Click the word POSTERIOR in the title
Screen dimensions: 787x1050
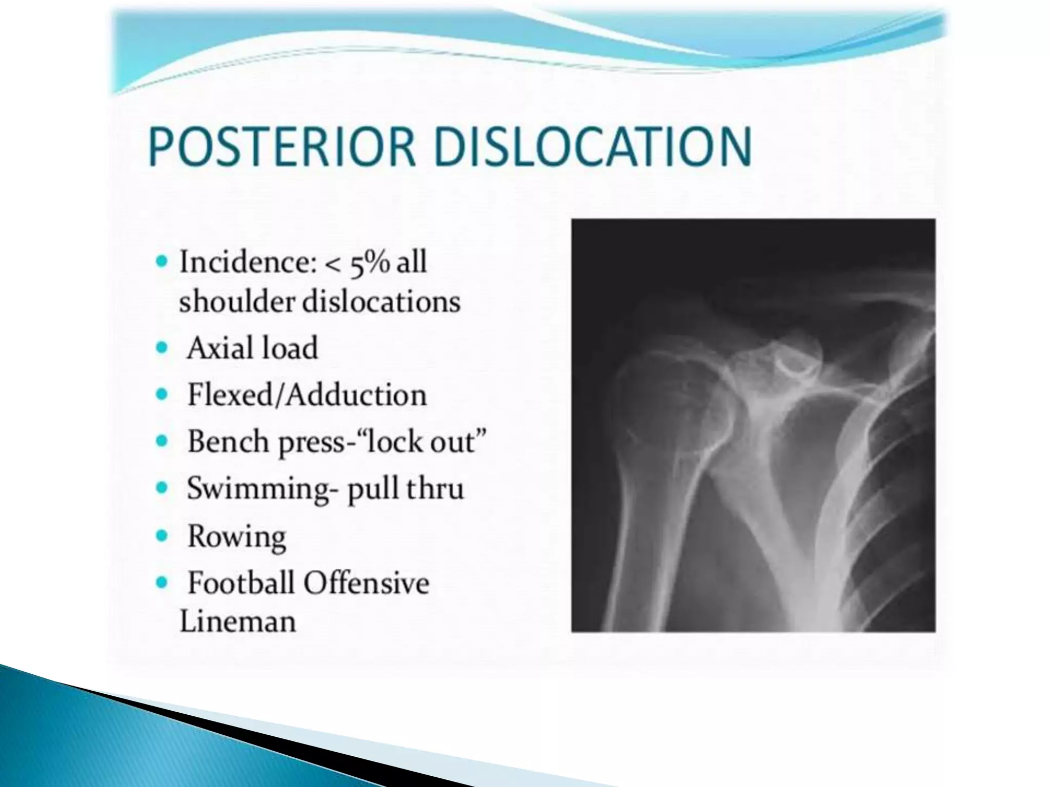pos(281,147)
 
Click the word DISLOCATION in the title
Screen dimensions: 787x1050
pos(593,147)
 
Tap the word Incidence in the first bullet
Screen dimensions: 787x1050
pos(244,262)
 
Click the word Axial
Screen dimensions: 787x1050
pos(219,348)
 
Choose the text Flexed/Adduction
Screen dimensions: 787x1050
pos(307,395)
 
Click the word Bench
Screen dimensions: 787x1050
pos(228,441)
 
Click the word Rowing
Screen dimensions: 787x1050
pos(236,536)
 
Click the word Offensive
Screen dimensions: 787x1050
pos(366,583)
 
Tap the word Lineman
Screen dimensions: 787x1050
pos(238,622)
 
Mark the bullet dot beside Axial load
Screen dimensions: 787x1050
pos(162,348)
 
